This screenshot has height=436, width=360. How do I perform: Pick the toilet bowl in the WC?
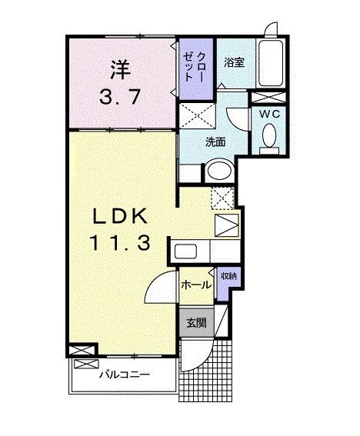click(269, 138)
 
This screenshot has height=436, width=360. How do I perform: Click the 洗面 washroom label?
click(215, 141)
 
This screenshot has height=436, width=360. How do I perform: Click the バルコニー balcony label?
click(124, 374)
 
